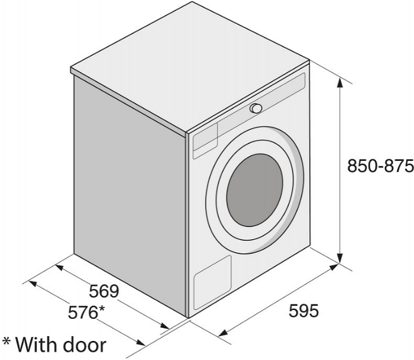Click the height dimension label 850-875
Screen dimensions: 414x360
point(380,166)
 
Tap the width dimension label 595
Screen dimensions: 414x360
point(304,311)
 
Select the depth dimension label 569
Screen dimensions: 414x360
point(104,291)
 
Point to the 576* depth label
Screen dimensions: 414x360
point(86,312)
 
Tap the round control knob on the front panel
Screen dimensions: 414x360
point(256,108)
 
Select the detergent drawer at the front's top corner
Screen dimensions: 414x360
point(206,141)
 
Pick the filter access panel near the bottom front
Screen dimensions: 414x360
point(213,283)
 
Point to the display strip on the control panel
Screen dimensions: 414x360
point(262,103)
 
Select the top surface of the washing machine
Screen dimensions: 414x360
point(189,67)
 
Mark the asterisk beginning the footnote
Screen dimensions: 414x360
point(7,342)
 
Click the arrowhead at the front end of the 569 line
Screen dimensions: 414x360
point(164,325)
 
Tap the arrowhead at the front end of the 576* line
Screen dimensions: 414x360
point(140,342)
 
